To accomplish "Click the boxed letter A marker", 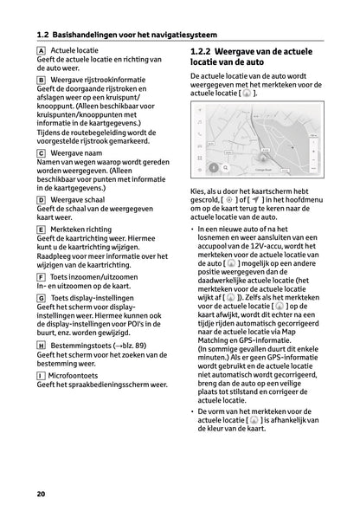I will tap(42, 52).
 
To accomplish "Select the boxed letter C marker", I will tap(42, 152).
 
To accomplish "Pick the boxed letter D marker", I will tap(42, 199).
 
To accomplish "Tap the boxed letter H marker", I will tap(42, 344).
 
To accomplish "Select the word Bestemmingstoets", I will tap(84, 344).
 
